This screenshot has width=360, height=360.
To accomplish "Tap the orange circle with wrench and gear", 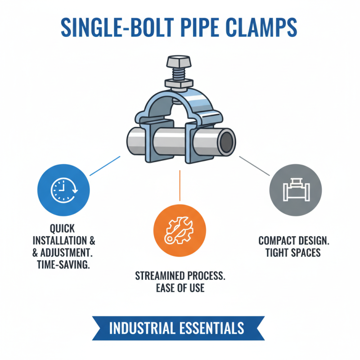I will tap(180, 230).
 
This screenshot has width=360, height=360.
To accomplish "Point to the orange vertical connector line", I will tap(180, 184).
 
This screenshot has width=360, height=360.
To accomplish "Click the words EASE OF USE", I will tap(180, 288).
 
